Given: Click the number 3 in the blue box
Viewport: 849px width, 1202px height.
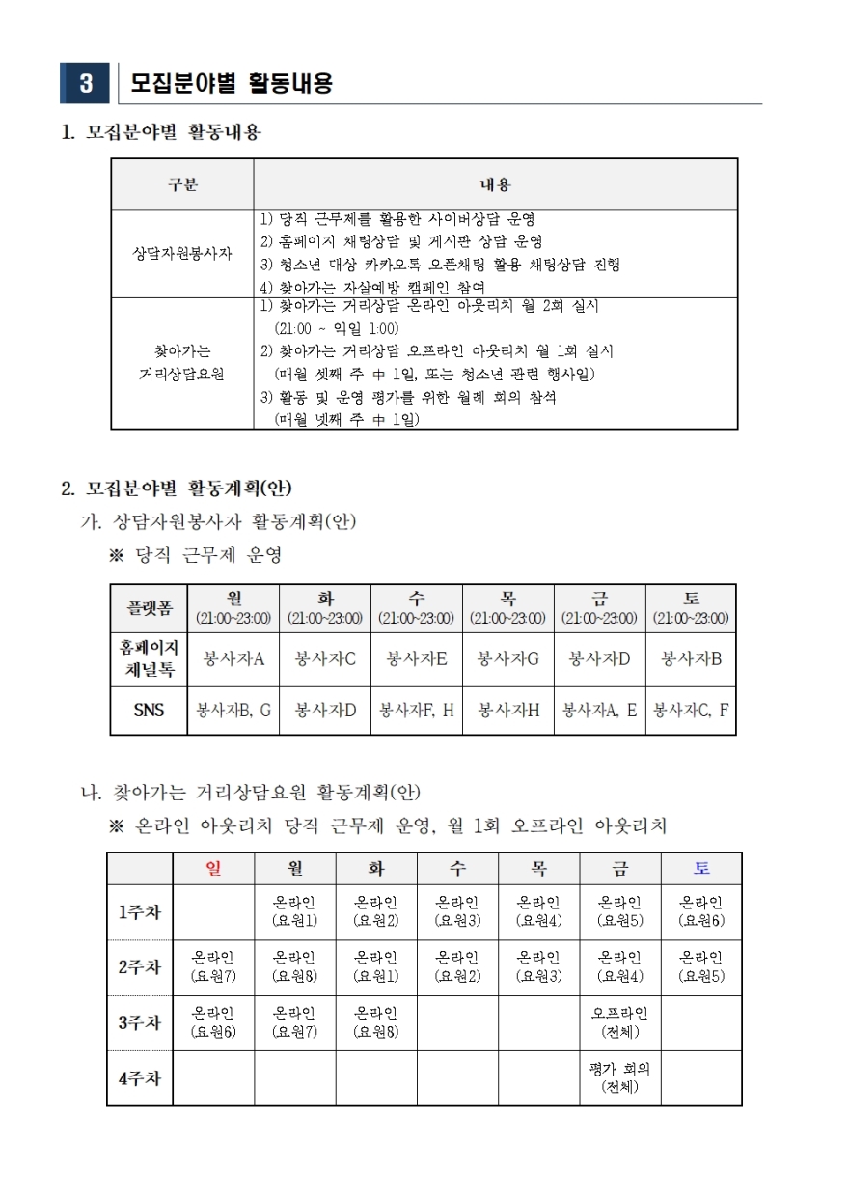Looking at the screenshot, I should coord(86,84).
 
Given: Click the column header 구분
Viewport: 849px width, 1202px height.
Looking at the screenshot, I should coord(182,184).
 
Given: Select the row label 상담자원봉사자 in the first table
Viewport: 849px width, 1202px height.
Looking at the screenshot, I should coord(182,253).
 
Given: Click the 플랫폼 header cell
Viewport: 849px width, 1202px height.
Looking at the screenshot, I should coord(150,608).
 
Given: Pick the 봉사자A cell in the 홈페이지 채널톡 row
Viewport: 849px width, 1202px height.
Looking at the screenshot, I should coord(233,659).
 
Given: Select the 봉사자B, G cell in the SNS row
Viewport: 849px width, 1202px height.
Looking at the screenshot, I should coord(233,711).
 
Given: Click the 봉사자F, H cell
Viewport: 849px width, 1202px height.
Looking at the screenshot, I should coord(417,711).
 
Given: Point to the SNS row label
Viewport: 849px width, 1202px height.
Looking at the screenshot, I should coord(150,711).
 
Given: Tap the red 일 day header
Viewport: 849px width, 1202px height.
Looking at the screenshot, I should coord(214,868).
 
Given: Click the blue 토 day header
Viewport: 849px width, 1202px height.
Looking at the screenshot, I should coord(701,868).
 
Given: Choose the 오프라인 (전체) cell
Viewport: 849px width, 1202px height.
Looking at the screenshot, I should coord(619,1022).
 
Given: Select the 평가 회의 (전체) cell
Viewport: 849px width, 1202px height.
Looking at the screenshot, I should coord(619,1078).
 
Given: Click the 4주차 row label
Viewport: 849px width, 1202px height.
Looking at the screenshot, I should coord(140,1078).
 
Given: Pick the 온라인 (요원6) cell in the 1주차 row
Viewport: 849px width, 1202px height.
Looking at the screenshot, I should coord(701,911).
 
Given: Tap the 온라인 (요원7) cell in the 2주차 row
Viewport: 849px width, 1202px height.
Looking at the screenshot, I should coord(214,966).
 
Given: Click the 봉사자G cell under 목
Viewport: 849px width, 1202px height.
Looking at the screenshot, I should coord(508,659).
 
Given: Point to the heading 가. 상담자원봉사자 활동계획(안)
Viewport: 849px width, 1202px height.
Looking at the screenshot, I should coord(218,522).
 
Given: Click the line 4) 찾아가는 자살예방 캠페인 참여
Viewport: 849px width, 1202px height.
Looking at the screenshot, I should coord(373,287).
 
